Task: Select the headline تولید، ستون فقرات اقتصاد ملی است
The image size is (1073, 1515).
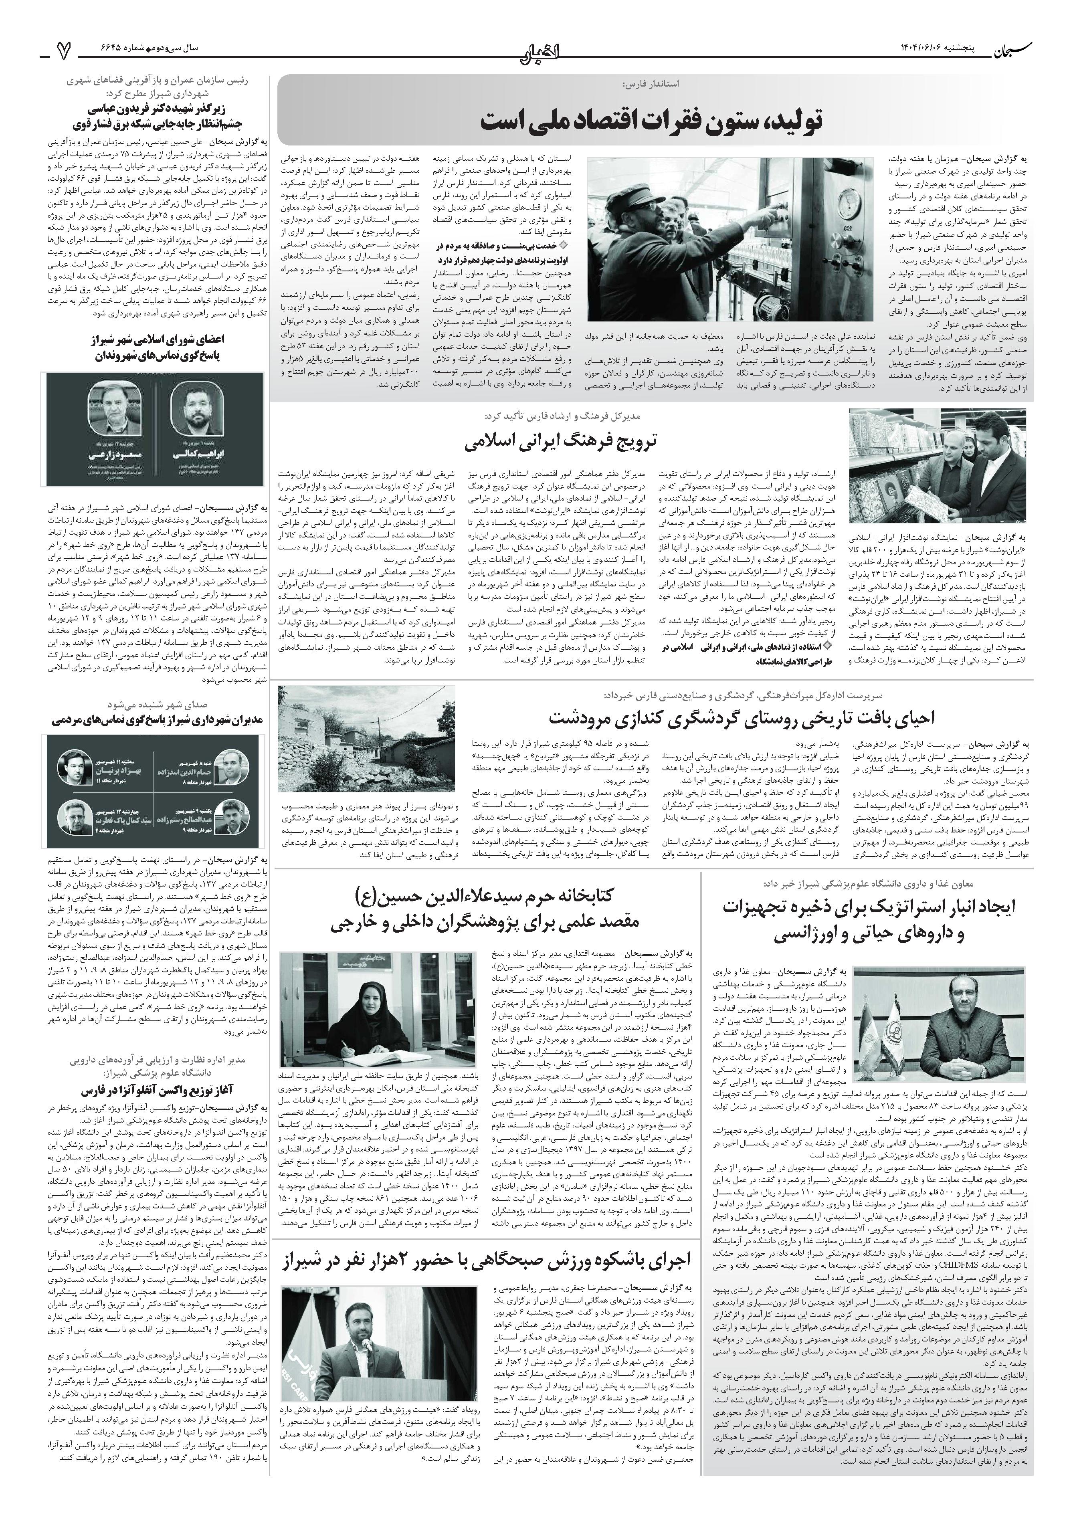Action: pos(651,121)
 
